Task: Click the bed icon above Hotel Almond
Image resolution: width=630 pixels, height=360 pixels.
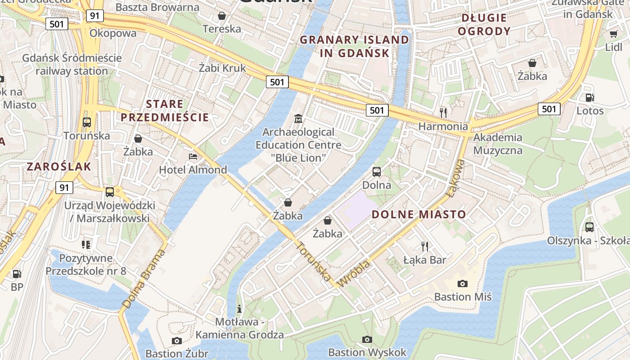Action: coord(193,157)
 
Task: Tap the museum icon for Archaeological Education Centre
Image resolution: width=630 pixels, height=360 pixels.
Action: coord(298,119)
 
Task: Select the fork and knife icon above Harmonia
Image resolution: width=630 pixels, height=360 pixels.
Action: coord(444,112)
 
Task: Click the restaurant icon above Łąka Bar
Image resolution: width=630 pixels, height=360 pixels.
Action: coord(424,246)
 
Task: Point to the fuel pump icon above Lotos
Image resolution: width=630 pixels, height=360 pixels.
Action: coord(589,97)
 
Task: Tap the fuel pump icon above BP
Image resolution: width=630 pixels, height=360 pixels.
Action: coord(17,274)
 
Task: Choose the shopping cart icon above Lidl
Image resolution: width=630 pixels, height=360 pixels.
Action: coord(613,34)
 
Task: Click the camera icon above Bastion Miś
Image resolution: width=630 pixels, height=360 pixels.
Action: coord(462,283)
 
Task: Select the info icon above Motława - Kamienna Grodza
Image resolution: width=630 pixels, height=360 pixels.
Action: coord(239,309)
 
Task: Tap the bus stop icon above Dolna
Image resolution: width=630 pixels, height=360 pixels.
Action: coord(377,171)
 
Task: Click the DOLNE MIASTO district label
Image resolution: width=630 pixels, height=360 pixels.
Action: coord(418,214)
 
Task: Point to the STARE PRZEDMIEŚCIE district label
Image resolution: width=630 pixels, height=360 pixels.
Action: coord(165,111)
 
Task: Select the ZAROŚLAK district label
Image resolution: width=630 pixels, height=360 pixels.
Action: coord(58,166)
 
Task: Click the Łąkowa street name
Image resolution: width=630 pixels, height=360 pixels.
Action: coord(455,178)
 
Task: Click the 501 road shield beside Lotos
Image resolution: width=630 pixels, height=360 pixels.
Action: coord(549,108)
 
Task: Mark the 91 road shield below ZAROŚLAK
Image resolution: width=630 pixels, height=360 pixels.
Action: coord(64,188)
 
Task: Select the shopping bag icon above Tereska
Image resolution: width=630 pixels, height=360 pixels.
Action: coord(221,16)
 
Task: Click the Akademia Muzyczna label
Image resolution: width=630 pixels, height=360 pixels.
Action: coord(498,144)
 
